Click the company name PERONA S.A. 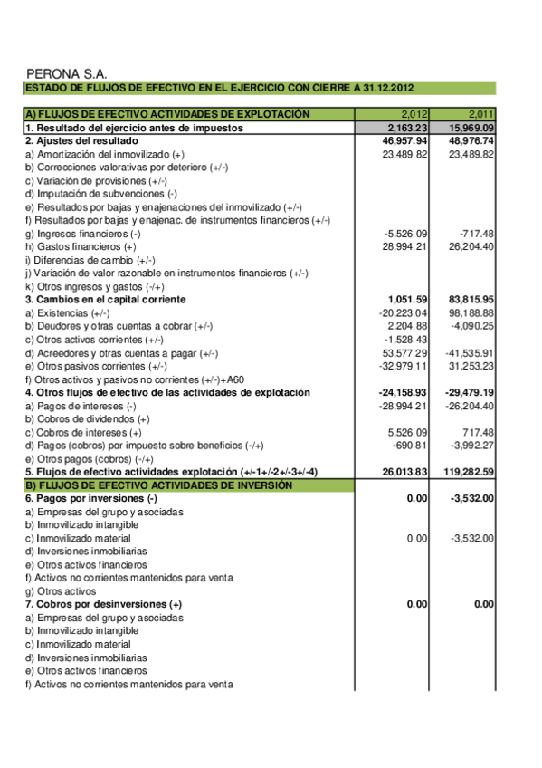pos(68,73)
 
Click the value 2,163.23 pos(407,129)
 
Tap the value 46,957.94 pos(405,141)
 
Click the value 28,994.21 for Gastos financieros pos(405,246)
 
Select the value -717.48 pos(476,234)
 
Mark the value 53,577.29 pos(405,352)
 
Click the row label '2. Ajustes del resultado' pos(81,141)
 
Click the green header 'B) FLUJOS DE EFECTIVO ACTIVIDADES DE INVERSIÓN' pos(158,485)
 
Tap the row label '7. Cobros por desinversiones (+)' pos(103,603)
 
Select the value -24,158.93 pos(403,392)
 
